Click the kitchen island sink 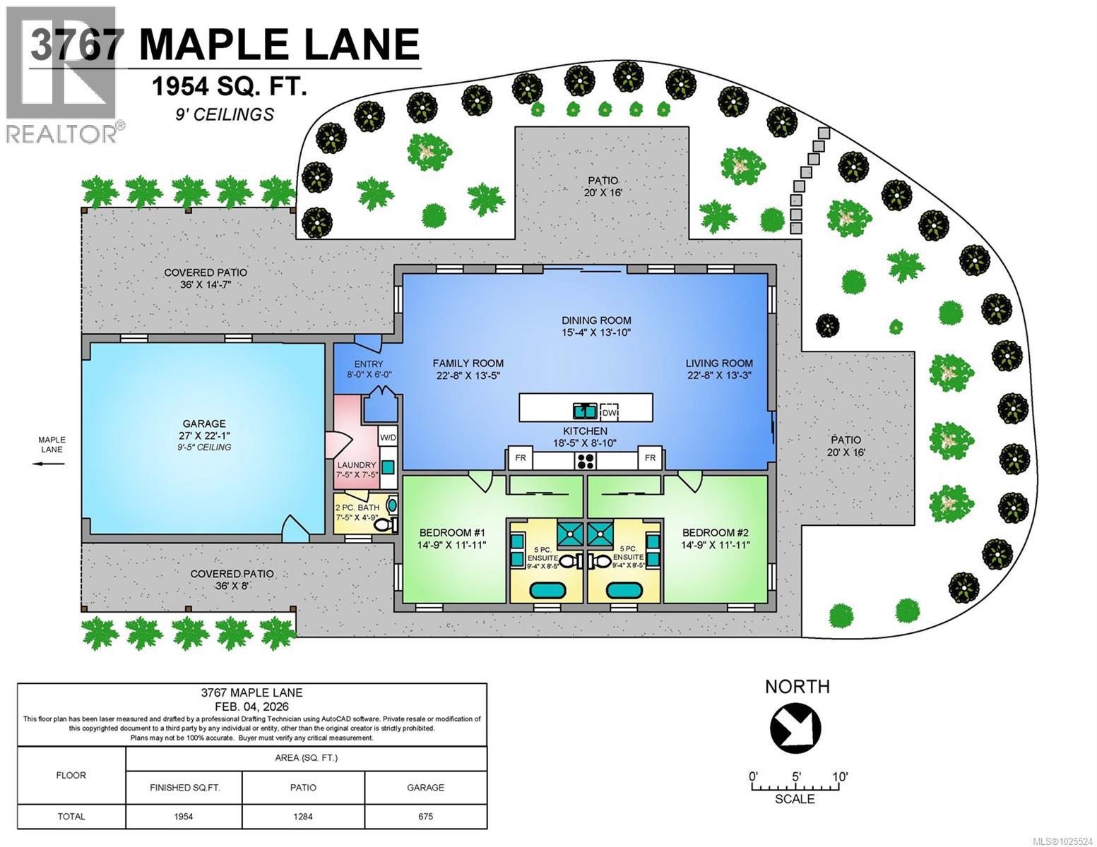pyautogui.click(x=584, y=410)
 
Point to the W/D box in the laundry pyautogui.click(x=388, y=438)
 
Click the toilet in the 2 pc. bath pyautogui.click(x=384, y=525)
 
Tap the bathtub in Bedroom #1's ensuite pyautogui.click(x=546, y=590)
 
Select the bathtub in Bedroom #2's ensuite pyautogui.click(x=624, y=590)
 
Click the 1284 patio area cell pyautogui.click(x=303, y=817)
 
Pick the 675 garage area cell pyautogui.click(x=425, y=817)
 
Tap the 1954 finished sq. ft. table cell pyautogui.click(x=184, y=817)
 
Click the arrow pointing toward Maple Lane pyautogui.click(x=47, y=464)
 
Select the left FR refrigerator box pyautogui.click(x=520, y=458)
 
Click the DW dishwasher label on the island pyautogui.click(x=608, y=412)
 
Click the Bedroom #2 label pyautogui.click(x=716, y=539)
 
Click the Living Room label pyautogui.click(x=718, y=369)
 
